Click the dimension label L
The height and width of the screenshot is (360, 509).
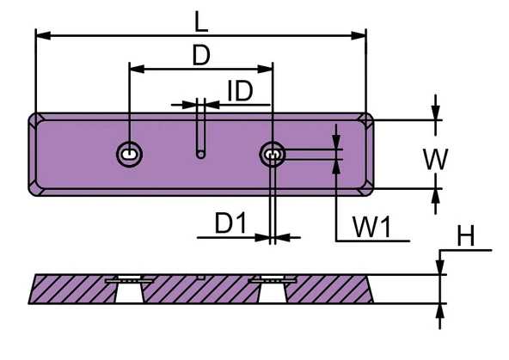(x=200, y=21)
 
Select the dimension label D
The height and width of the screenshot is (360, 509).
(x=201, y=55)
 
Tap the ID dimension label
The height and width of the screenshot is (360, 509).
(x=240, y=91)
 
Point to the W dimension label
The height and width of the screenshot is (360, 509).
(x=435, y=159)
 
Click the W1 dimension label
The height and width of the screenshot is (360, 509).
(x=372, y=227)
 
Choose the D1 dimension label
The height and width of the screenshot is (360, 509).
(x=230, y=223)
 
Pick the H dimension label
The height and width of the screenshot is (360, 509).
(x=466, y=236)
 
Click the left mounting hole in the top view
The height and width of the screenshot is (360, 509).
(x=130, y=155)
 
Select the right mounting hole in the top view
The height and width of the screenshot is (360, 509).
(x=273, y=155)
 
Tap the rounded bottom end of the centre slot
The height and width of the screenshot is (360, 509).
(x=201, y=155)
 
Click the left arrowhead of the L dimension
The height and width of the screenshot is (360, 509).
(x=43, y=36)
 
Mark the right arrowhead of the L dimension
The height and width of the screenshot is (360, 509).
(x=359, y=36)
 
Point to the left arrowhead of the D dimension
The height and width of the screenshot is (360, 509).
(x=137, y=69)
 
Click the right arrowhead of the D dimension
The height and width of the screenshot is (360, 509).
(x=265, y=69)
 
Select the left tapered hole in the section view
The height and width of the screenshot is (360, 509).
(x=130, y=290)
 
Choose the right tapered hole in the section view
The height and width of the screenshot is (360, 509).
(x=273, y=290)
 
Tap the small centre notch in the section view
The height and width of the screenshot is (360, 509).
(x=201, y=277)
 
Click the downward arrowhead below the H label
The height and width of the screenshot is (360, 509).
(x=440, y=266)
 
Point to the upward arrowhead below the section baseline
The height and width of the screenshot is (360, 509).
(x=440, y=311)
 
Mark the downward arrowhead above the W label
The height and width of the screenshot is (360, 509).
(x=436, y=113)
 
